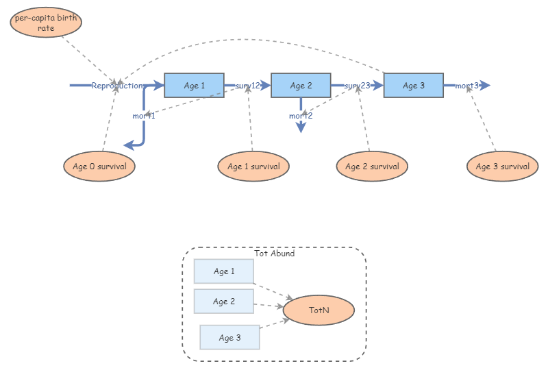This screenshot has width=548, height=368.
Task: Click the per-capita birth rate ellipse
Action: (x=46, y=23)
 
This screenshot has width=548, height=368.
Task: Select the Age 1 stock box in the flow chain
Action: (x=195, y=86)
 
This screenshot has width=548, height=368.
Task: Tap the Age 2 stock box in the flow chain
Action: (x=301, y=86)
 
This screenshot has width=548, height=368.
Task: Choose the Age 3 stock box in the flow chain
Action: (x=413, y=86)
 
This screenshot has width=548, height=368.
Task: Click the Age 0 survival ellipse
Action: (x=99, y=167)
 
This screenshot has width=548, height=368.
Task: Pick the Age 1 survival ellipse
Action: (x=253, y=167)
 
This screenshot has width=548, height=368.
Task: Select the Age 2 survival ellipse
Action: (x=372, y=167)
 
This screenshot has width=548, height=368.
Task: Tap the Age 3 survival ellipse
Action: (x=501, y=167)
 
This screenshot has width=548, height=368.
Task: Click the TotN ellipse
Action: (x=319, y=310)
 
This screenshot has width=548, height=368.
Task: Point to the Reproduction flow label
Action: (x=117, y=86)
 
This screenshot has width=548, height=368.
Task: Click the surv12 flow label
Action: (x=247, y=86)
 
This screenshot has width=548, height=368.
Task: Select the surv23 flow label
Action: (x=357, y=86)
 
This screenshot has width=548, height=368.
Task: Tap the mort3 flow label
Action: (x=467, y=86)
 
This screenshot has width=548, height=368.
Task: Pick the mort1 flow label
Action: (x=144, y=116)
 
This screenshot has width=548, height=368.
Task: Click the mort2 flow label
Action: (x=301, y=116)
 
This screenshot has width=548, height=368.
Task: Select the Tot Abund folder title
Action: (x=274, y=254)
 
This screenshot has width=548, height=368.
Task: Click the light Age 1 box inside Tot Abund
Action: (x=224, y=271)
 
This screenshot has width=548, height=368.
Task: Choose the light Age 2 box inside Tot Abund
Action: (x=224, y=302)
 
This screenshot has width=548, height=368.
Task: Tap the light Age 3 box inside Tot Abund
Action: (x=229, y=337)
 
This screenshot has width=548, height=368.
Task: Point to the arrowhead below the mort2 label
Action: (x=301, y=128)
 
